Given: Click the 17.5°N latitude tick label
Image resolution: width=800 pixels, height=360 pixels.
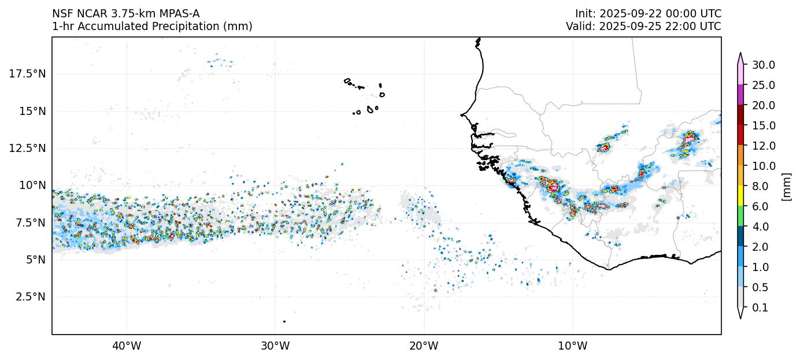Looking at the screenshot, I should click(28, 74).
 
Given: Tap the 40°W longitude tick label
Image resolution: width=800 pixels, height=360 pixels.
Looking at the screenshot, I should click(126, 347).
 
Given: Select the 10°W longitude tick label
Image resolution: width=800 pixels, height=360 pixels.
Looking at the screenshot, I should click(572, 347).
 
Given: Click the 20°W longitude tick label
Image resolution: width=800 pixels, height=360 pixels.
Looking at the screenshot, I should click(424, 347).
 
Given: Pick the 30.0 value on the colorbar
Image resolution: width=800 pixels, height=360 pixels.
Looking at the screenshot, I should click(763, 65).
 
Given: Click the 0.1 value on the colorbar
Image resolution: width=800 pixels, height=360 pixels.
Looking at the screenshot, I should click(760, 308).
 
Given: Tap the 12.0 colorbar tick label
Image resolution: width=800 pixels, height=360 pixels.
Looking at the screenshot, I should click(763, 146).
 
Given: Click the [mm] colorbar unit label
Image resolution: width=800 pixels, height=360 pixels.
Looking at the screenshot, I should click(786, 186).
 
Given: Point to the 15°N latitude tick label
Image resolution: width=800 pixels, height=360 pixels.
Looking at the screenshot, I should click(32, 111).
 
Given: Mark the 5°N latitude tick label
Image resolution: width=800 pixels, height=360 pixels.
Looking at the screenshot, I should click(35, 260).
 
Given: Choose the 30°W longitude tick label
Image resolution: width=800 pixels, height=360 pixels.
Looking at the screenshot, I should click(275, 347).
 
